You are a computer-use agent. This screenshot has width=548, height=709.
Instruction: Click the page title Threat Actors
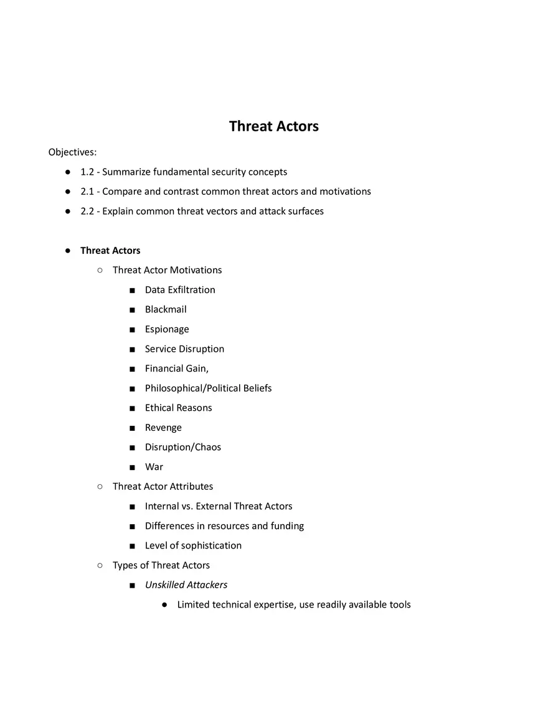tap(273, 126)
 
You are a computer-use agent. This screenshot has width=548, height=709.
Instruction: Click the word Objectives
tap(72, 152)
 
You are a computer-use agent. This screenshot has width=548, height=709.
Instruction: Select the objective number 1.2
tap(87, 172)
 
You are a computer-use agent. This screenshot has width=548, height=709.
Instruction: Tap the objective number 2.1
tap(87, 192)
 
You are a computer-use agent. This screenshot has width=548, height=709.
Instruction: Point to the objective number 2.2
tap(87, 211)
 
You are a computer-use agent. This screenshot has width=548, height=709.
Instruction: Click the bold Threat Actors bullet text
tap(110, 251)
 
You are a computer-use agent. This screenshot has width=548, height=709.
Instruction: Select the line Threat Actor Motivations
tap(167, 270)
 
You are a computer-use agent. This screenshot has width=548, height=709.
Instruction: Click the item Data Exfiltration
tap(180, 290)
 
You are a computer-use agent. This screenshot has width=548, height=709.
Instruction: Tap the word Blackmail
tap(166, 309)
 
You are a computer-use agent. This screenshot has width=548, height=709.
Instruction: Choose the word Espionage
tap(167, 329)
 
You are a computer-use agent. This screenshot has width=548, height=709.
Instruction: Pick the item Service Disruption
tap(184, 349)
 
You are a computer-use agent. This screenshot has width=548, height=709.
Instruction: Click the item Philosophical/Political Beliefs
tap(208, 388)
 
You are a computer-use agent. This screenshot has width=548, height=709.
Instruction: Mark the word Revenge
tap(163, 428)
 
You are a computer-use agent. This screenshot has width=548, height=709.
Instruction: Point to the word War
tap(154, 467)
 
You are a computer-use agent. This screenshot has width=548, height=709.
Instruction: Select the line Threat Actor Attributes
tap(163, 487)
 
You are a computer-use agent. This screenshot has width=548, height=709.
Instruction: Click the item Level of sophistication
tap(193, 546)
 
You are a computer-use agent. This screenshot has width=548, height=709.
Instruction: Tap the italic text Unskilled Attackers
tap(186, 585)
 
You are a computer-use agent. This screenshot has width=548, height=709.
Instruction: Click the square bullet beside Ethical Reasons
tap(132, 408)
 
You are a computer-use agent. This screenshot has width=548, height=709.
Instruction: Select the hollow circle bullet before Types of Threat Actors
tap(100, 565)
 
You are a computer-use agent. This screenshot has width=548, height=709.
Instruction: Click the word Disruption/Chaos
tap(183, 448)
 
